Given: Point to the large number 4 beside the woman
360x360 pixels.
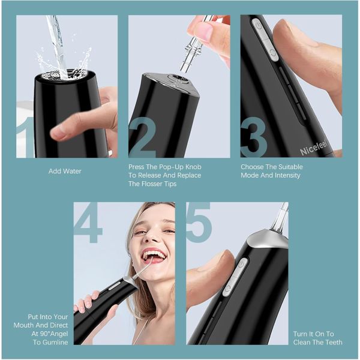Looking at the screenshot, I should (88, 223).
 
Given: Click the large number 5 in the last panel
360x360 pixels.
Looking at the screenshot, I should (199, 223).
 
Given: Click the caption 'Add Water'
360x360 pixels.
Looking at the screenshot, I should (65, 172).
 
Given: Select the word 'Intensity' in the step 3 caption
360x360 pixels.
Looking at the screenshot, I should (286, 176).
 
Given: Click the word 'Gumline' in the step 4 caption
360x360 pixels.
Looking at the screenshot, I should (53, 342).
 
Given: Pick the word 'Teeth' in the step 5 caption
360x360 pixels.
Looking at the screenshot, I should (332, 342).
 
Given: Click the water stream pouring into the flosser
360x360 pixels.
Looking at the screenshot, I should (58, 42).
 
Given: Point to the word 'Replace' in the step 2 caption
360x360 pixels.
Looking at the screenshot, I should (187, 176).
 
